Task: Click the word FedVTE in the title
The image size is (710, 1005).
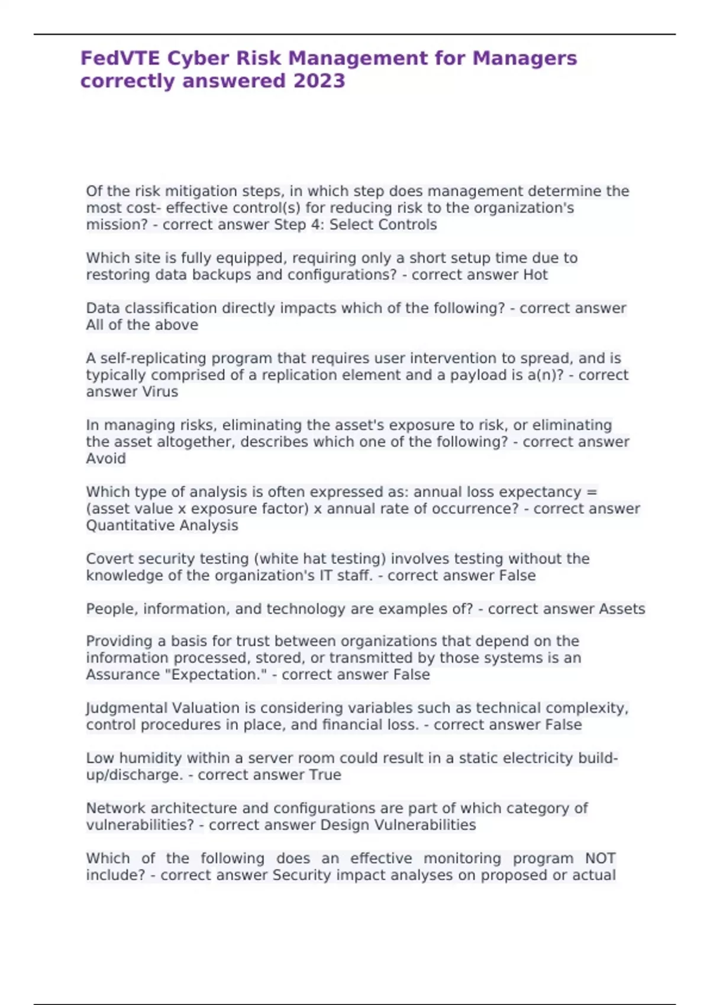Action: pos(120,58)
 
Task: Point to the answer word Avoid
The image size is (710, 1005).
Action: pos(106,459)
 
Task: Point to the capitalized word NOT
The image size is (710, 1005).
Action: pos(600,858)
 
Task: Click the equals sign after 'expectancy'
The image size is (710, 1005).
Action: pos(592,492)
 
